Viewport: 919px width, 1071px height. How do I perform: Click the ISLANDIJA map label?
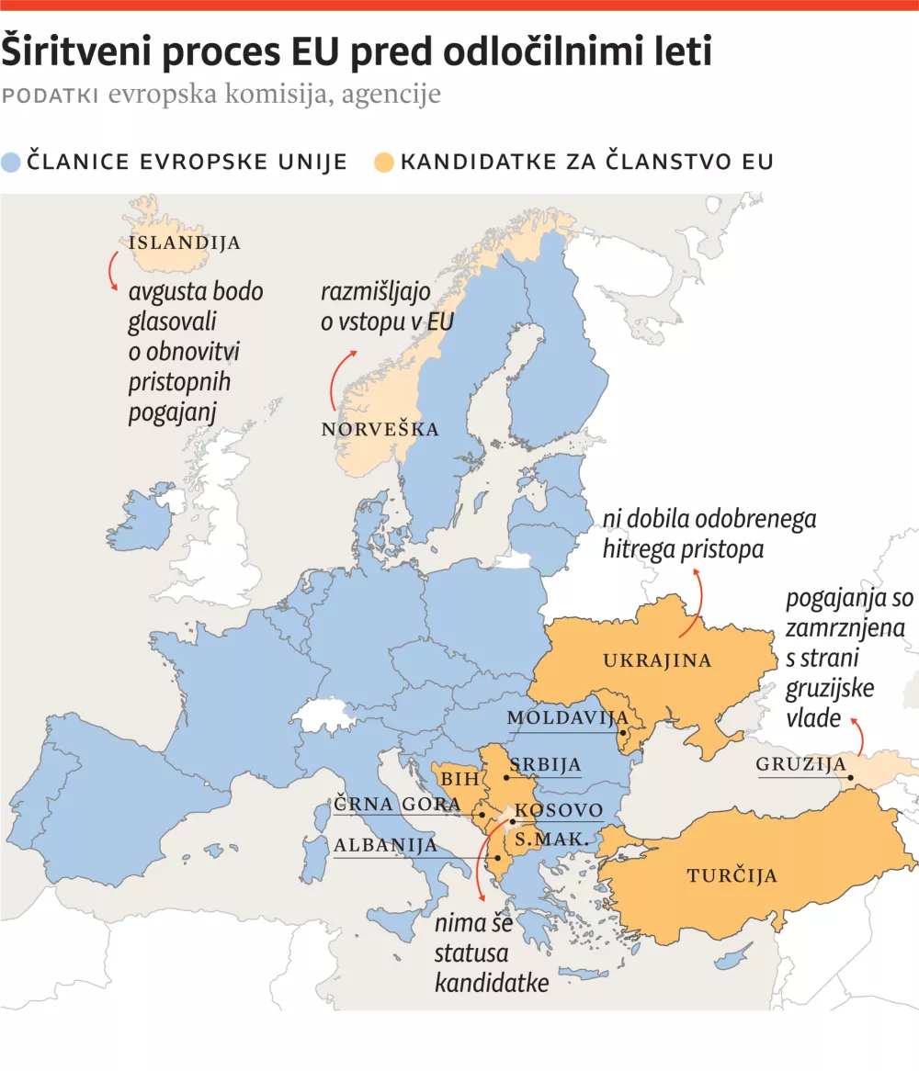185,243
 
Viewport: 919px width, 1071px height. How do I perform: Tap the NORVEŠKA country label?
380,430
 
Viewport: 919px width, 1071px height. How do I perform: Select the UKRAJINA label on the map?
657,660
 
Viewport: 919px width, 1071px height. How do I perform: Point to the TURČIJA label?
732,875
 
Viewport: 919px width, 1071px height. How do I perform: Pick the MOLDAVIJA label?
567,717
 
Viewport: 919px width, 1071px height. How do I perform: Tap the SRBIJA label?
546,764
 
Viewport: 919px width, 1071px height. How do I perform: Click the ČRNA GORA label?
397,805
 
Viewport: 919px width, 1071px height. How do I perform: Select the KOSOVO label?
559,810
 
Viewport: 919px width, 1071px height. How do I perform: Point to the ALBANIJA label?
386,845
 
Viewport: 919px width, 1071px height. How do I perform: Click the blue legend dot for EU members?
12,163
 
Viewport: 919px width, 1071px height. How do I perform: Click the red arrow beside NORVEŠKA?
338,378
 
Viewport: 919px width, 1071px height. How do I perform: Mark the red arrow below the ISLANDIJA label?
112,271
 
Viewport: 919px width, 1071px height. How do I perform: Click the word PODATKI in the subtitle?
51,96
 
